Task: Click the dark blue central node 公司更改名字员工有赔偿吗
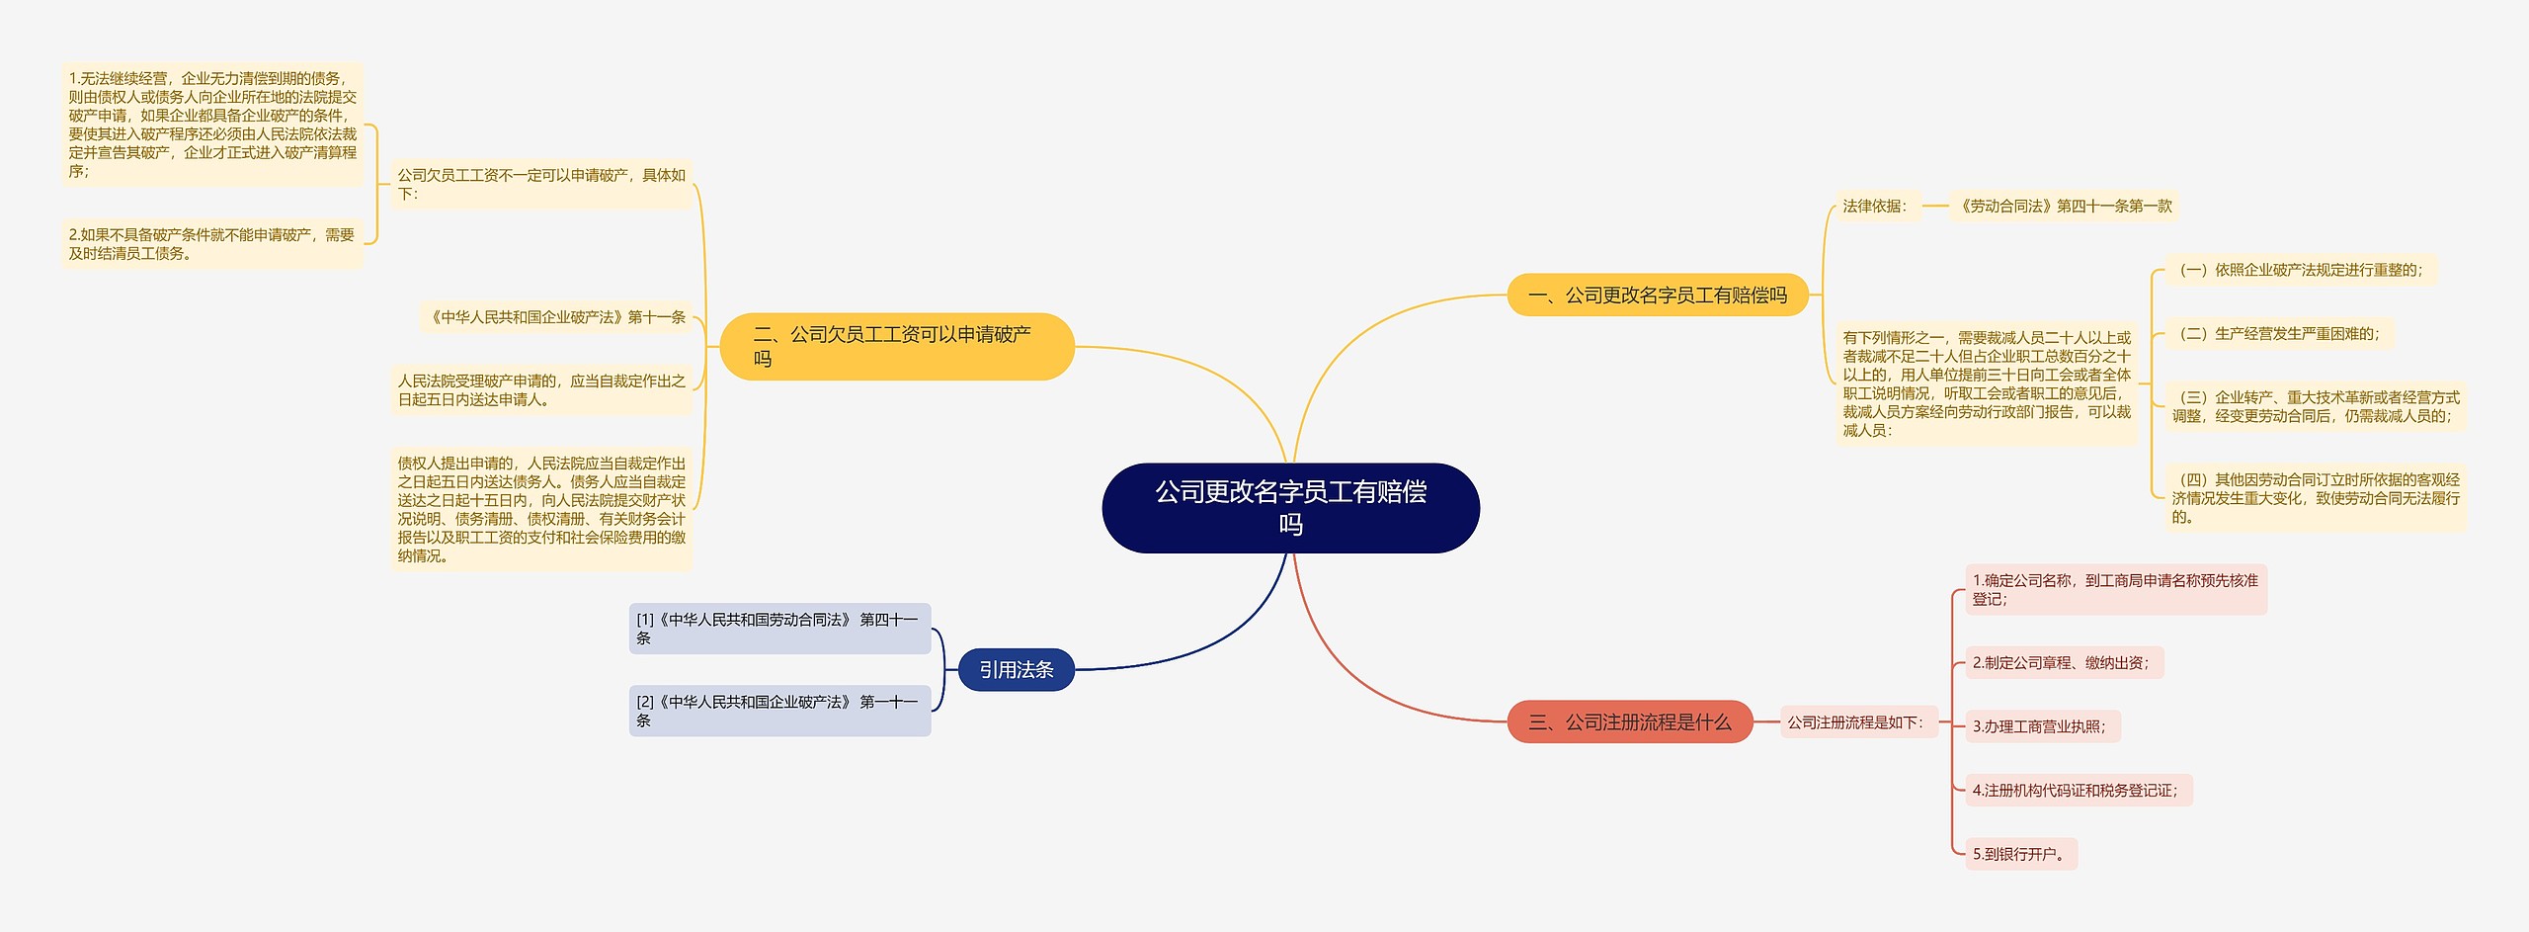pos(1290,508)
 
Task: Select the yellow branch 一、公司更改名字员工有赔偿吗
pos(1657,296)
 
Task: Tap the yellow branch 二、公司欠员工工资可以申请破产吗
pos(896,347)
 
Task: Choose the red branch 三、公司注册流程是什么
pos(1629,722)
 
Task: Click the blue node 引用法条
pos(1016,670)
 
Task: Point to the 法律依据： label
pos(1874,207)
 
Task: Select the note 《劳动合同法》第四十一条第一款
pos(2065,207)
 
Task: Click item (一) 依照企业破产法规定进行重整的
pos(2300,270)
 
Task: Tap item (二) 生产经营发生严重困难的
pos(2279,334)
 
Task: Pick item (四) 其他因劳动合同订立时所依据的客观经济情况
pos(2315,498)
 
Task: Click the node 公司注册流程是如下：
pos(1856,722)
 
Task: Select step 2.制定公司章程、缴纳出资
pos(2062,663)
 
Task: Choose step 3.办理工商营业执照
pos(2040,726)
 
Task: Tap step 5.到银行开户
pos(2020,854)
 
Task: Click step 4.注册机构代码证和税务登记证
pos(2077,791)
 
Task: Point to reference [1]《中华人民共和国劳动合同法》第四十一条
pos(779,629)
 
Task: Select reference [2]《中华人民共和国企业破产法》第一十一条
pos(779,711)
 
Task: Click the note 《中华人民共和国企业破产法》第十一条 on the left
pos(556,317)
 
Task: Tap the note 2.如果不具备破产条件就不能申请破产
pos(211,244)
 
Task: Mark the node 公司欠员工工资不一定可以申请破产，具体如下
pos(541,185)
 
